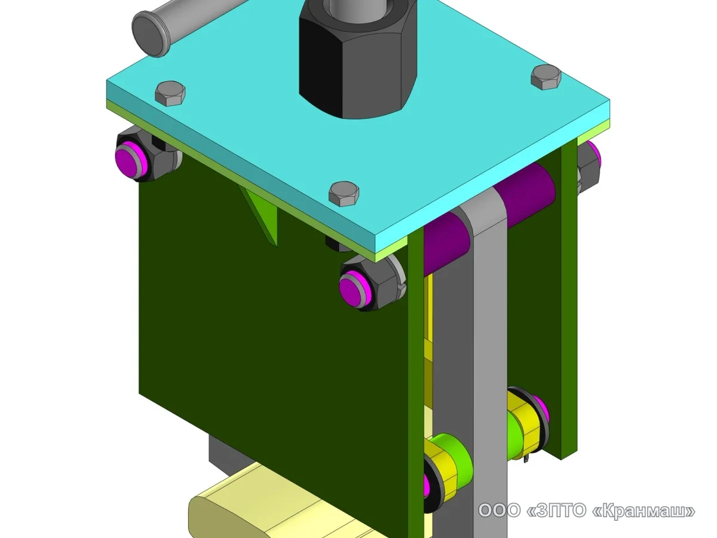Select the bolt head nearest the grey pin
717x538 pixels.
pos(170,93)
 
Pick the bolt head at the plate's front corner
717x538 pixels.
pos(344,194)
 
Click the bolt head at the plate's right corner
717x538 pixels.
pos(546,77)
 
